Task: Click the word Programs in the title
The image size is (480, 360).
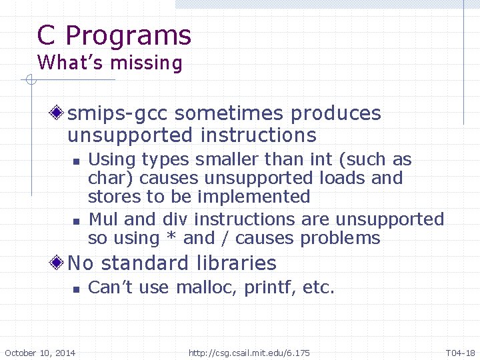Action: (x=129, y=36)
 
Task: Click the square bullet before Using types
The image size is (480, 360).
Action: (x=77, y=161)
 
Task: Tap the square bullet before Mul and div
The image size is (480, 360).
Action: (x=77, y=220)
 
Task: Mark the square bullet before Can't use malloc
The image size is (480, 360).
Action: (x=77, y=289)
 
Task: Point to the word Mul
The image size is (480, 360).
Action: (x=103, y=219)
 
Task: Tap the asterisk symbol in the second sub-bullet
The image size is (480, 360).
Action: (x=173, y=238)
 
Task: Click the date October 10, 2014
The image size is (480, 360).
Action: (x=40, y=353)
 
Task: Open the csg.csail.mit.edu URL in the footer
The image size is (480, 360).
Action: (x=249, y=353)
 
